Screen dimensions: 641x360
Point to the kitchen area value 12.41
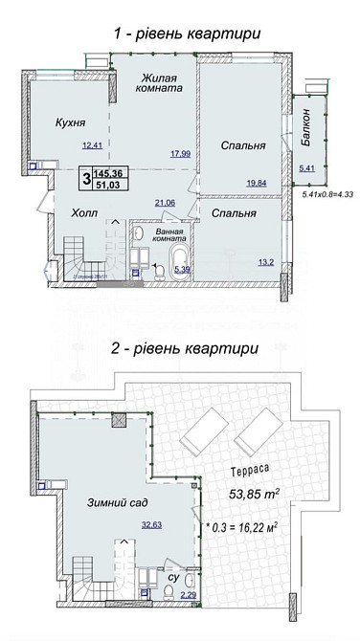(92, 145)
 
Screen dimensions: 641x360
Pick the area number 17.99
(180, 153)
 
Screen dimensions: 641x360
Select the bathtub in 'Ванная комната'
(179, 261)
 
